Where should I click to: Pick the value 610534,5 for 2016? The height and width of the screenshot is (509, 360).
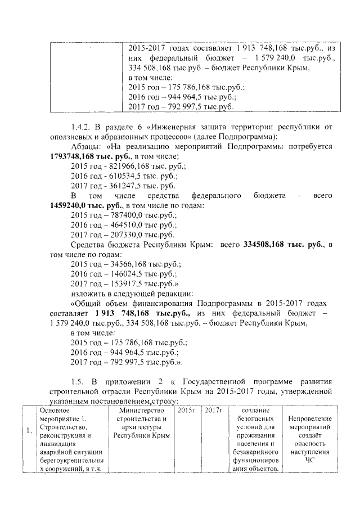pos(120,176)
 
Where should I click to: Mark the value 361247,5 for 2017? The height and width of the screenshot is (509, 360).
pos(120,186)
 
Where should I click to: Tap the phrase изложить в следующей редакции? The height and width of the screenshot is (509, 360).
pos(132,294)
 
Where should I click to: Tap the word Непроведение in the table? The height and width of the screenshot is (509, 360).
pos(310,418)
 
